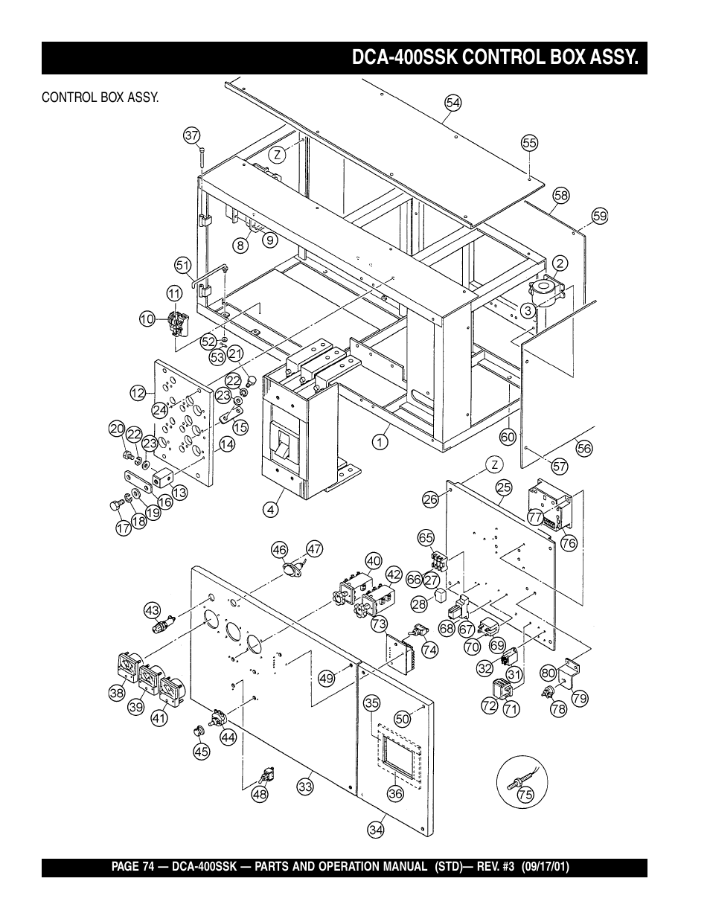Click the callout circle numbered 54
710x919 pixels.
pos(453,103)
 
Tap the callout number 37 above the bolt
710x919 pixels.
pos(192,135)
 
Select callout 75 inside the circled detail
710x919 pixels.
pos(525,795)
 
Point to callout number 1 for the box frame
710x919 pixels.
pos(380,441)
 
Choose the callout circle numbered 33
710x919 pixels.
pos(305,785)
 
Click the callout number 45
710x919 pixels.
pos(202,752)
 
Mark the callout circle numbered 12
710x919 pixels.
pos(137,394)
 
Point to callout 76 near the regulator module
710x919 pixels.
pos(569,543)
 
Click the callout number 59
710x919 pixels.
pos(600,216)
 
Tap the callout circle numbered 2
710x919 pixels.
pos(560,263)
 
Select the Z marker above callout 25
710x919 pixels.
pos(493,464)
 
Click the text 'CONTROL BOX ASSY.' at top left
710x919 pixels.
pos(100,97)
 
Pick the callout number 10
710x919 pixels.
pos(147,319)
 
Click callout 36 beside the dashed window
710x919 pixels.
pos(395,794)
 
